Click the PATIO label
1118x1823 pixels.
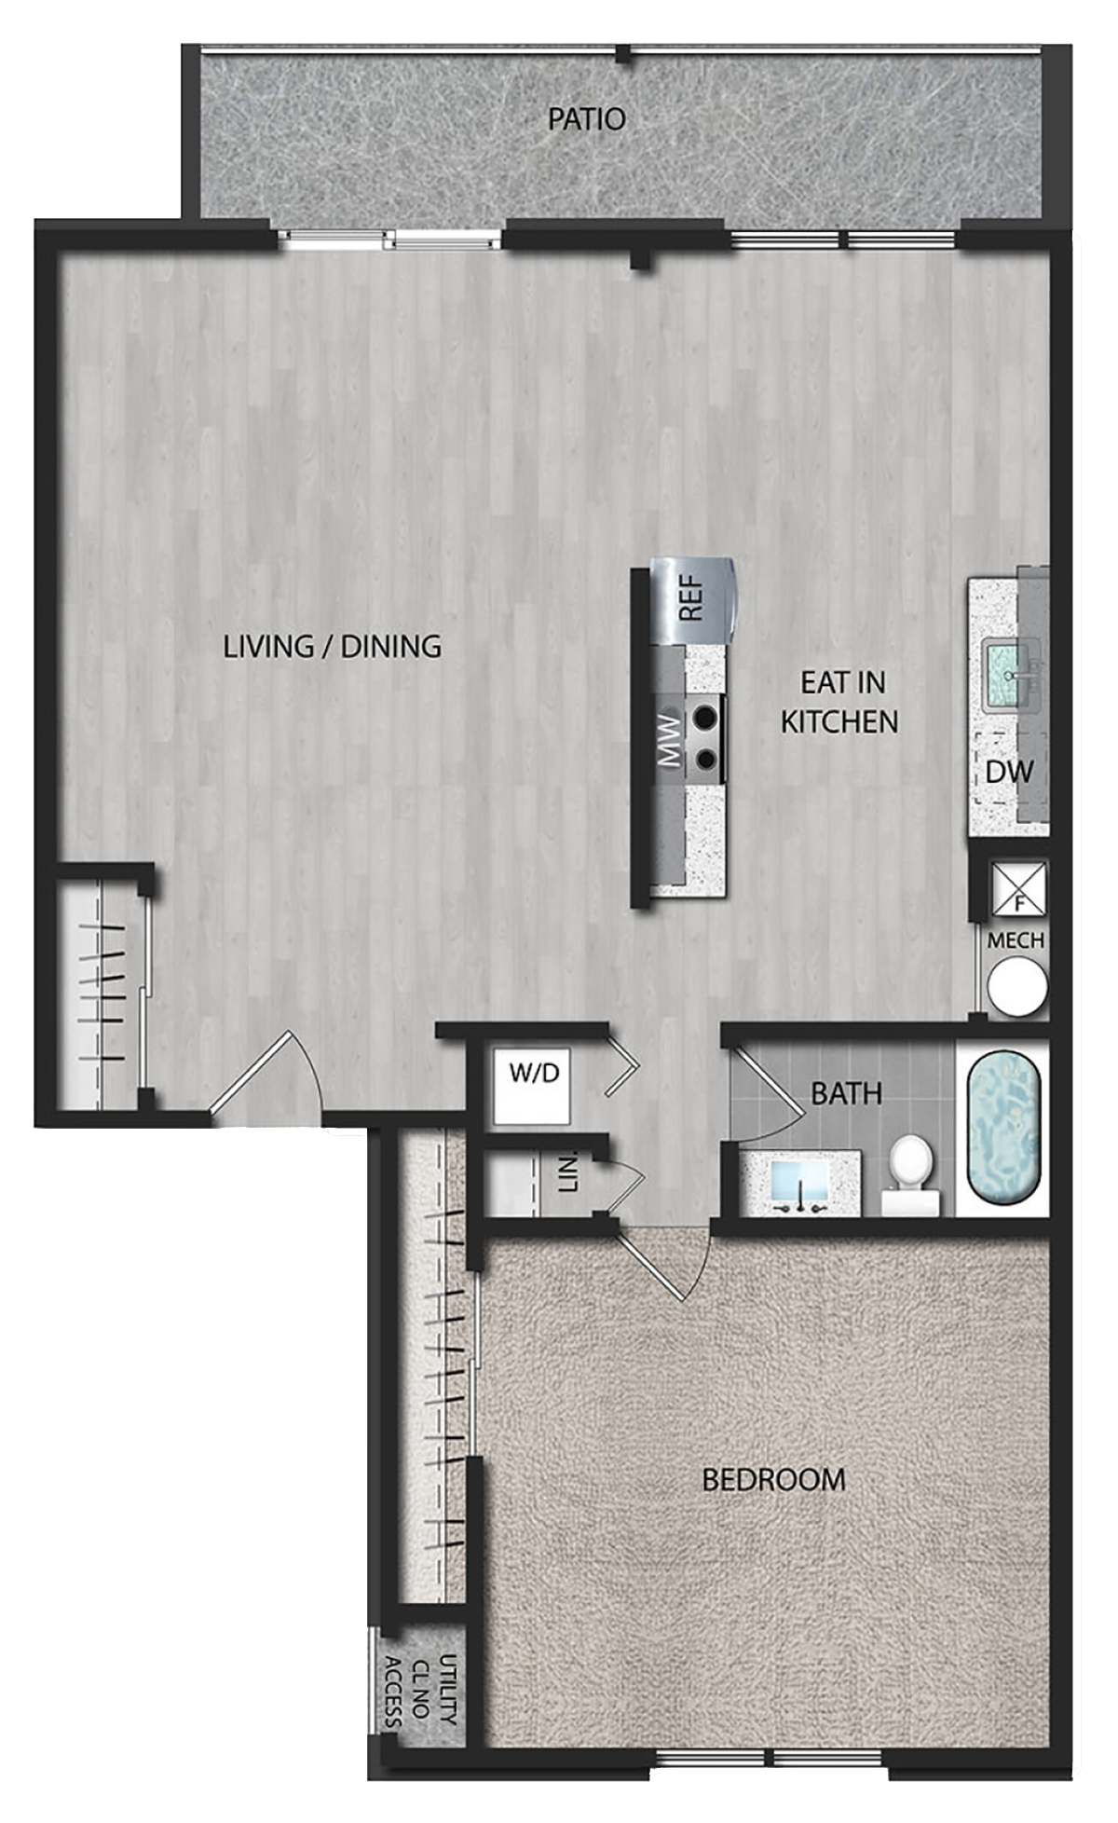click(586, 119)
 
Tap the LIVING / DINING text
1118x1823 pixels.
click(332, 646)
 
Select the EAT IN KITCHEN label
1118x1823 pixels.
click(839, 702)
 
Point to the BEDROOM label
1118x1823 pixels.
click(773, 1479)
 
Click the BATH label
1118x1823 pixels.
click(846, 1093)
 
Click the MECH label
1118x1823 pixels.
click(1016, 940)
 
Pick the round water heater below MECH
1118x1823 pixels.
click(1017, 986)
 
